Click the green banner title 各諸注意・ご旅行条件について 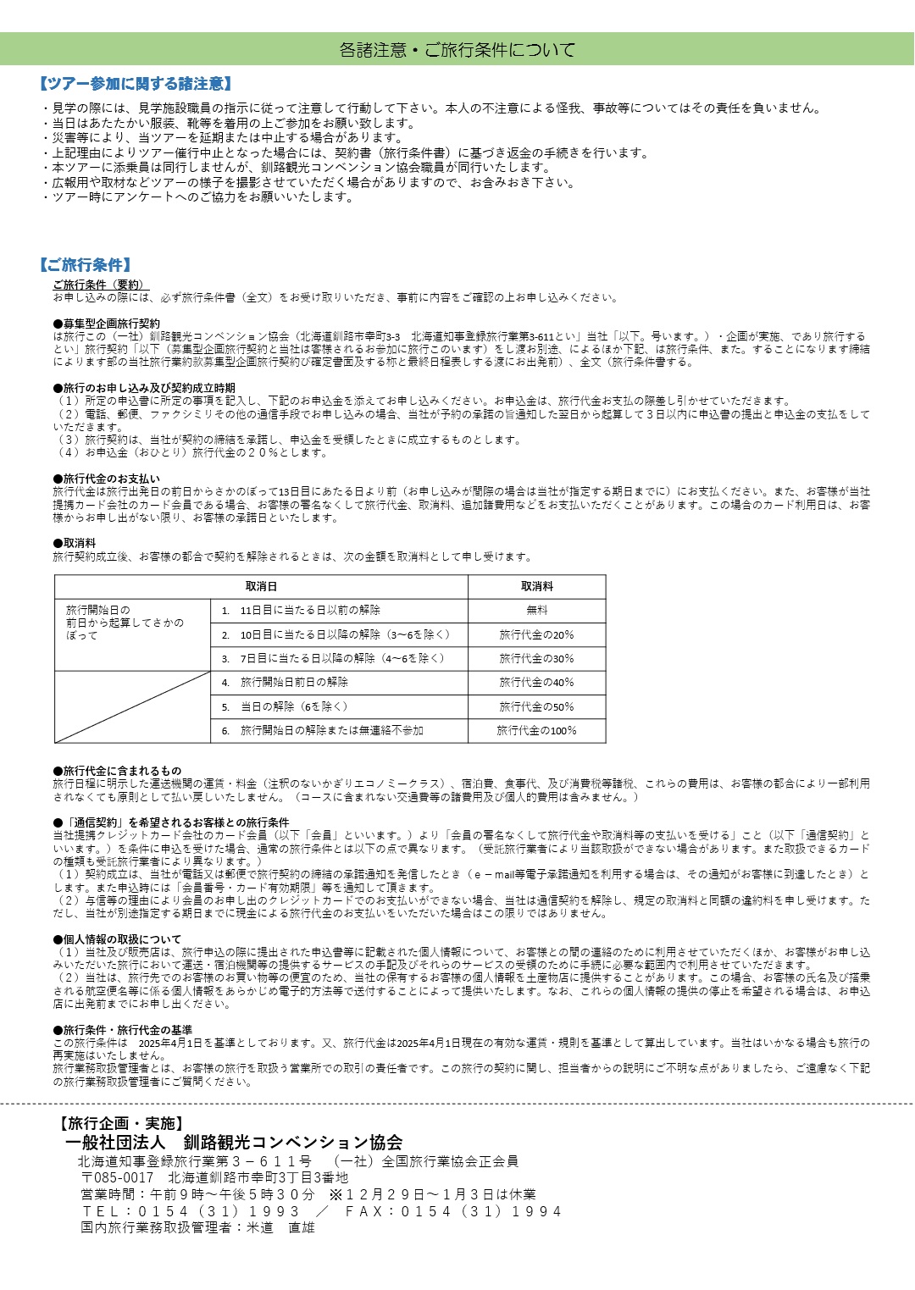457,50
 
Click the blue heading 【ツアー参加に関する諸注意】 136,84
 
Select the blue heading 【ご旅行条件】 86,265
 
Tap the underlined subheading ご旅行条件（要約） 99,285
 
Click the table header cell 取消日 261,586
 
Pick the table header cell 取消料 536,586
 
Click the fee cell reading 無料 536,610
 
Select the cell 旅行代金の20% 536,634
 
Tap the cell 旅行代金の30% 536,658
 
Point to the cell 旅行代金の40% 536,682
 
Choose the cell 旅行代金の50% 536,706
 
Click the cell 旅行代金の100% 536,730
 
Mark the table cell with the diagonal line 132,706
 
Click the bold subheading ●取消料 75,543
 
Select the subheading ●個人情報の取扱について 117,939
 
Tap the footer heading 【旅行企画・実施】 120,1124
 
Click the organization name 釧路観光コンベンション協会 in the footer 293,1143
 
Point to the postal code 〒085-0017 118,1178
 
